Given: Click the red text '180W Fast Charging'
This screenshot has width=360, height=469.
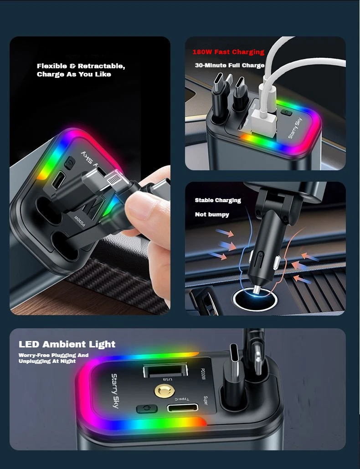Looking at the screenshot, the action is (x=228, y=52).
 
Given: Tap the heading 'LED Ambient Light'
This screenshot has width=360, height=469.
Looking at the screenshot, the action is (x=67, y=344).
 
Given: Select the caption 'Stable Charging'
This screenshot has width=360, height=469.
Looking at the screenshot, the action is (x=218, y=200).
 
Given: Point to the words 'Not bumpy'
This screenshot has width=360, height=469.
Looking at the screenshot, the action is (x=212, y=214).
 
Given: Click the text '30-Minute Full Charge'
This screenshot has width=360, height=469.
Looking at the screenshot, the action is (x=230, y=65).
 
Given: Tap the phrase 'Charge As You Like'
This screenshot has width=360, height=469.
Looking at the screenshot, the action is (x=74, y=74).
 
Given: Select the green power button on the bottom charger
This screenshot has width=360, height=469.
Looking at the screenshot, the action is (x=147, y=408).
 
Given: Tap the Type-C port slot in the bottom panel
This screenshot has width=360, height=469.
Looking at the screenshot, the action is (x=183, y=408).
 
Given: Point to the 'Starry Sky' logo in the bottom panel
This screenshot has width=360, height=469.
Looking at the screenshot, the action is (x=115, y=391).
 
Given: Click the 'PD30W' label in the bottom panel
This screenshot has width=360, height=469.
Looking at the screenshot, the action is (x=202, y=374).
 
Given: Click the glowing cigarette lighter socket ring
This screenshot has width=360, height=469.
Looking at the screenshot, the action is (x=255, y=298).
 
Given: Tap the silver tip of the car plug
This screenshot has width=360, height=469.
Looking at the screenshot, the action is (x=257, y=290).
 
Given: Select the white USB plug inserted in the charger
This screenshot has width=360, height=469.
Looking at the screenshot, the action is (x=263, y=121).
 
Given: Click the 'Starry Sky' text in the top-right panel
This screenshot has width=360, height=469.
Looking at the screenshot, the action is (x=295, y=128).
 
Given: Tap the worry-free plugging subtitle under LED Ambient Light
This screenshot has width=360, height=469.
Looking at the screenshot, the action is (x=54, y=358).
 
